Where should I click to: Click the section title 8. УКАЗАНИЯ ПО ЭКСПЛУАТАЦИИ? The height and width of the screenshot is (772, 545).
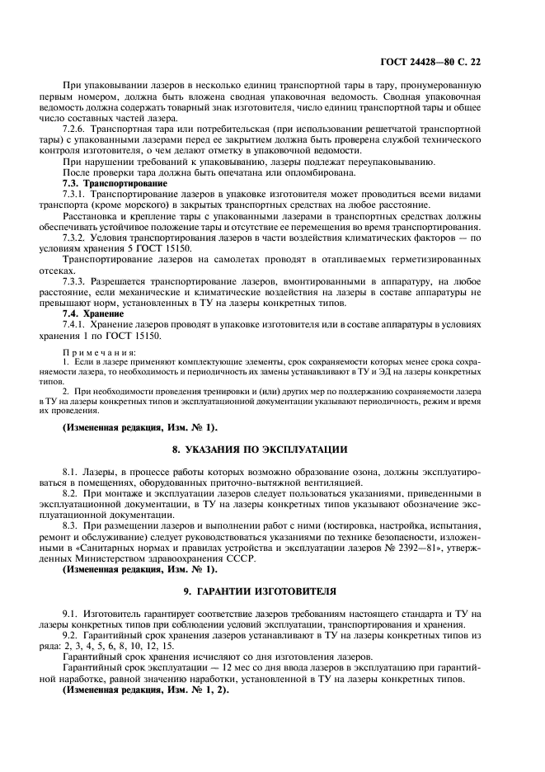pos(259,450)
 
